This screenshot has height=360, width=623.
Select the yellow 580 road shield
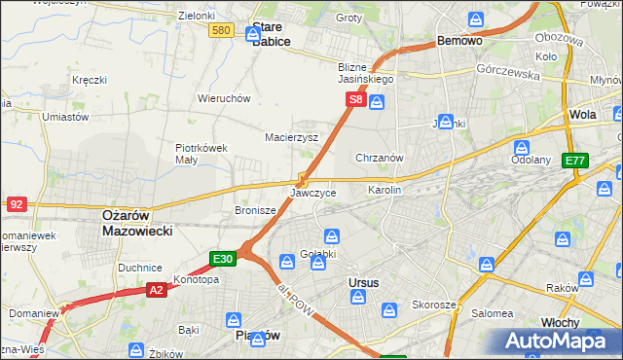click(222, 31)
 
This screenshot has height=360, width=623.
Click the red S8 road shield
click(357, 99)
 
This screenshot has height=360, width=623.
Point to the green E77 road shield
click(574, 161)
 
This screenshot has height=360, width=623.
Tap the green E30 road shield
click(223, 259)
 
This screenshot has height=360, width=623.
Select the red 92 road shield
click(17, 204)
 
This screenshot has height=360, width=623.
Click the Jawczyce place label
click(313, 193)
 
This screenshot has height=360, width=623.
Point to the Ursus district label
click(363, 282)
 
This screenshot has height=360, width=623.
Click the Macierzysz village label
click(292, 137)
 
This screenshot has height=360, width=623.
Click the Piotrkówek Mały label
click(201, 154)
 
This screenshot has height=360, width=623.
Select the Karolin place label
click(384, 191)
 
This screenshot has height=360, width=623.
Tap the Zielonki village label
click(197, 16)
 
